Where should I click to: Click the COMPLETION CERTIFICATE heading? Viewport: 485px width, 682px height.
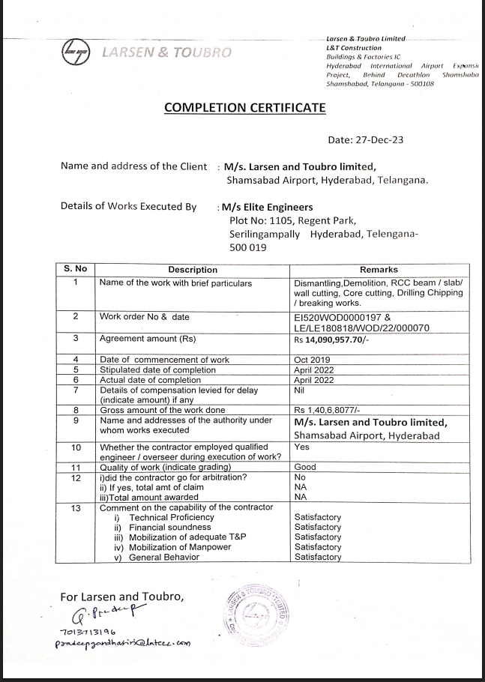[x=244, y=108]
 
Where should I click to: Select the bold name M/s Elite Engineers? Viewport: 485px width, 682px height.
[x=266, y=207]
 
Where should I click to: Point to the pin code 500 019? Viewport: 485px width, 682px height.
[x=248, y=247]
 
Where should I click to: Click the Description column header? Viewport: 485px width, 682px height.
[x=193, y=270]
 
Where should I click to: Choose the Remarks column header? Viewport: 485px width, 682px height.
[x=379, y=270]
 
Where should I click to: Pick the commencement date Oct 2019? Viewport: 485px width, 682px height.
[x=313, y=360]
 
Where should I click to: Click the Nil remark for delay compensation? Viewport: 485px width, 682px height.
[x=301, y=390]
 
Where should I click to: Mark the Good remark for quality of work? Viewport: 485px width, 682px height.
[x=307, y=466]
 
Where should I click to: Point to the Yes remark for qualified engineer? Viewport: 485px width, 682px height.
[x=302, y=446]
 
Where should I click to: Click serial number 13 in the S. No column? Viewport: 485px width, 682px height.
[x=75, y=508]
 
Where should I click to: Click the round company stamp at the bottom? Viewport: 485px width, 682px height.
[x=256, y=617]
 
